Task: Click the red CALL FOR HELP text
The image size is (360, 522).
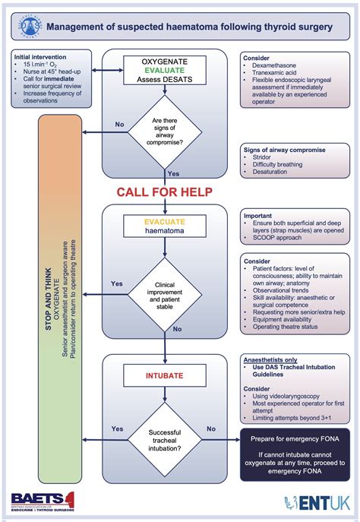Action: tap(164, 191)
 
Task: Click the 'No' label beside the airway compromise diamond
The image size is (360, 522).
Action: tap(120, 123)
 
